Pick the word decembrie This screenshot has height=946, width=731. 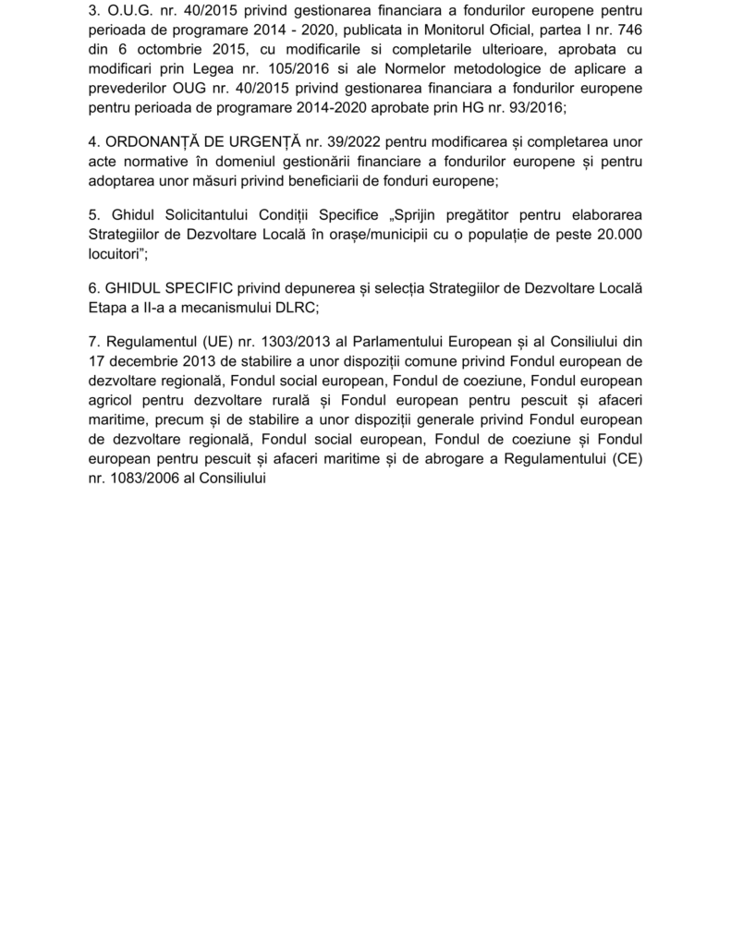pos(150,358)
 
